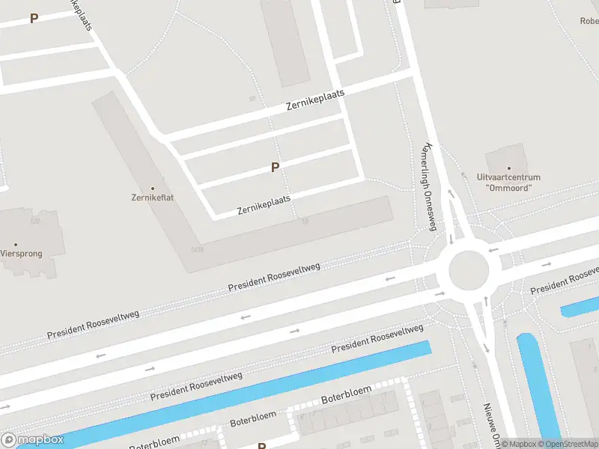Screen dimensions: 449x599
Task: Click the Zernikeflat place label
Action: point(153,199)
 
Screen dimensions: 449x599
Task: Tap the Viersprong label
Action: point(21,254)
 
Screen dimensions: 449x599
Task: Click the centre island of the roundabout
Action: point(469,269)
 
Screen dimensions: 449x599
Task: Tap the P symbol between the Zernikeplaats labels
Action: point(276,168)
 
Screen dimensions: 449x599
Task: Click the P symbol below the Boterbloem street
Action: point(262,446)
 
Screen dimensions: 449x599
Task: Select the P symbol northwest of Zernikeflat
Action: point(34,19)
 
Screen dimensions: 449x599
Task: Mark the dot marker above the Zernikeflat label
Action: point(153,189)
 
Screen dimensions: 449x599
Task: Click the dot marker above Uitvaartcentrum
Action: point(509,169)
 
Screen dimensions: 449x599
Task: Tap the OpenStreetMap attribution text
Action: point(568,444)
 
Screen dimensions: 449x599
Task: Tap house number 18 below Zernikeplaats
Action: point(304,221)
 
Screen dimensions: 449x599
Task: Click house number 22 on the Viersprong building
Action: point(34,222)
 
